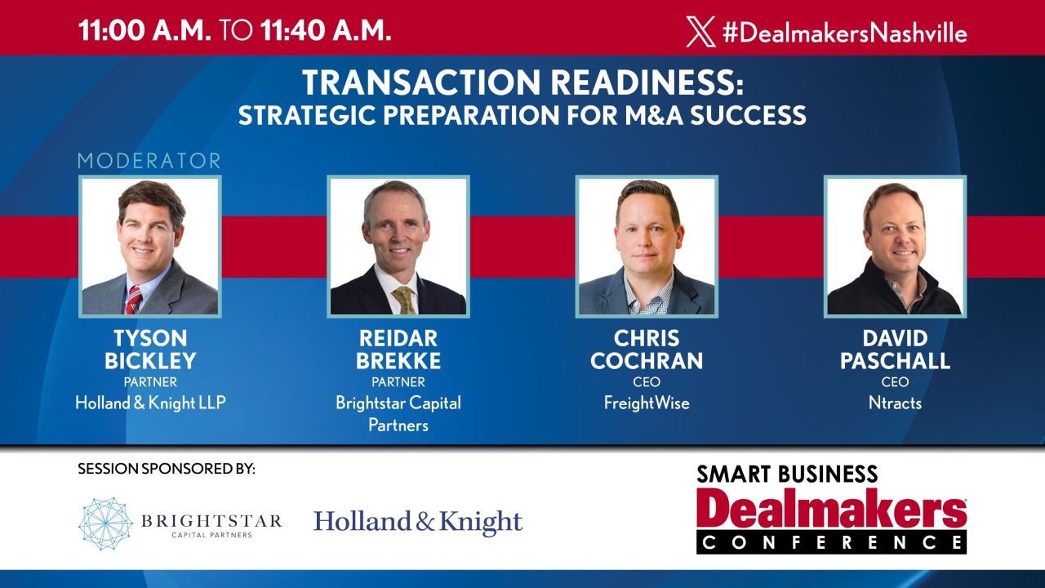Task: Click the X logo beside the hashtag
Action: tap(701, 32)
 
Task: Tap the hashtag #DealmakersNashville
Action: tap(844, 33)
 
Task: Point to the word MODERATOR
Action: tap(149, 160)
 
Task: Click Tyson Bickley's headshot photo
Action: tap(150, 246)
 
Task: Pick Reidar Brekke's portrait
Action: tap(398, 246)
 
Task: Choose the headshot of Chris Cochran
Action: tap(647, 246)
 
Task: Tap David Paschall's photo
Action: tap(895, 246)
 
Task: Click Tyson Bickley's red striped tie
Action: tap(133, 300)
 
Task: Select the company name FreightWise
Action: tap(647, 403)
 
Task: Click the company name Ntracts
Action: tap(895, 403)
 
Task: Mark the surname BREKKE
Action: tap(398, 360)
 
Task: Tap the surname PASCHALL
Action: tap(895, 360)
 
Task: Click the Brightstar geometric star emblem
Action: tap(105, 523)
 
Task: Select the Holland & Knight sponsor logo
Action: tap(418, 523)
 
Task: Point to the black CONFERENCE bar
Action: tap(831, 541)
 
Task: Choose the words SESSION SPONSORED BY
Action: tap(167, 470)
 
